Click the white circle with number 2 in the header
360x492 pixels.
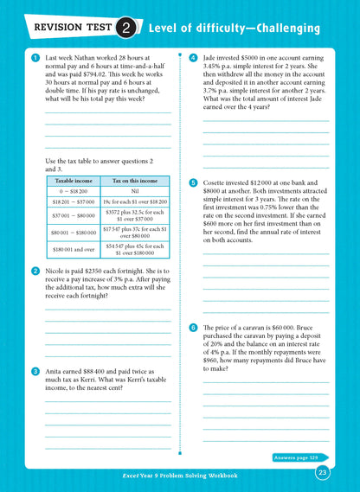pyautogui.click(x=125, y=29)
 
